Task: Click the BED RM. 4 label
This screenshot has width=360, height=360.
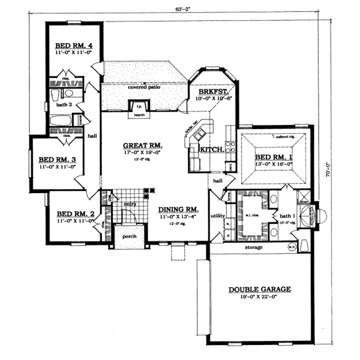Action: (72, 46)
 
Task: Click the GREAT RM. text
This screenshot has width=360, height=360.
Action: (143, 145)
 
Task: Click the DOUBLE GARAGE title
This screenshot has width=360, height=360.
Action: (260, 289)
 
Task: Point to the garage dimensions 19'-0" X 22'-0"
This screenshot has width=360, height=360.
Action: (260, 298)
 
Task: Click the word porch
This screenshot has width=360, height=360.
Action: (130, 236)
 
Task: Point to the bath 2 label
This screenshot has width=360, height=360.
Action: (64, 104)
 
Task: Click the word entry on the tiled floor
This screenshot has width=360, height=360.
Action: (131, 205)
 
